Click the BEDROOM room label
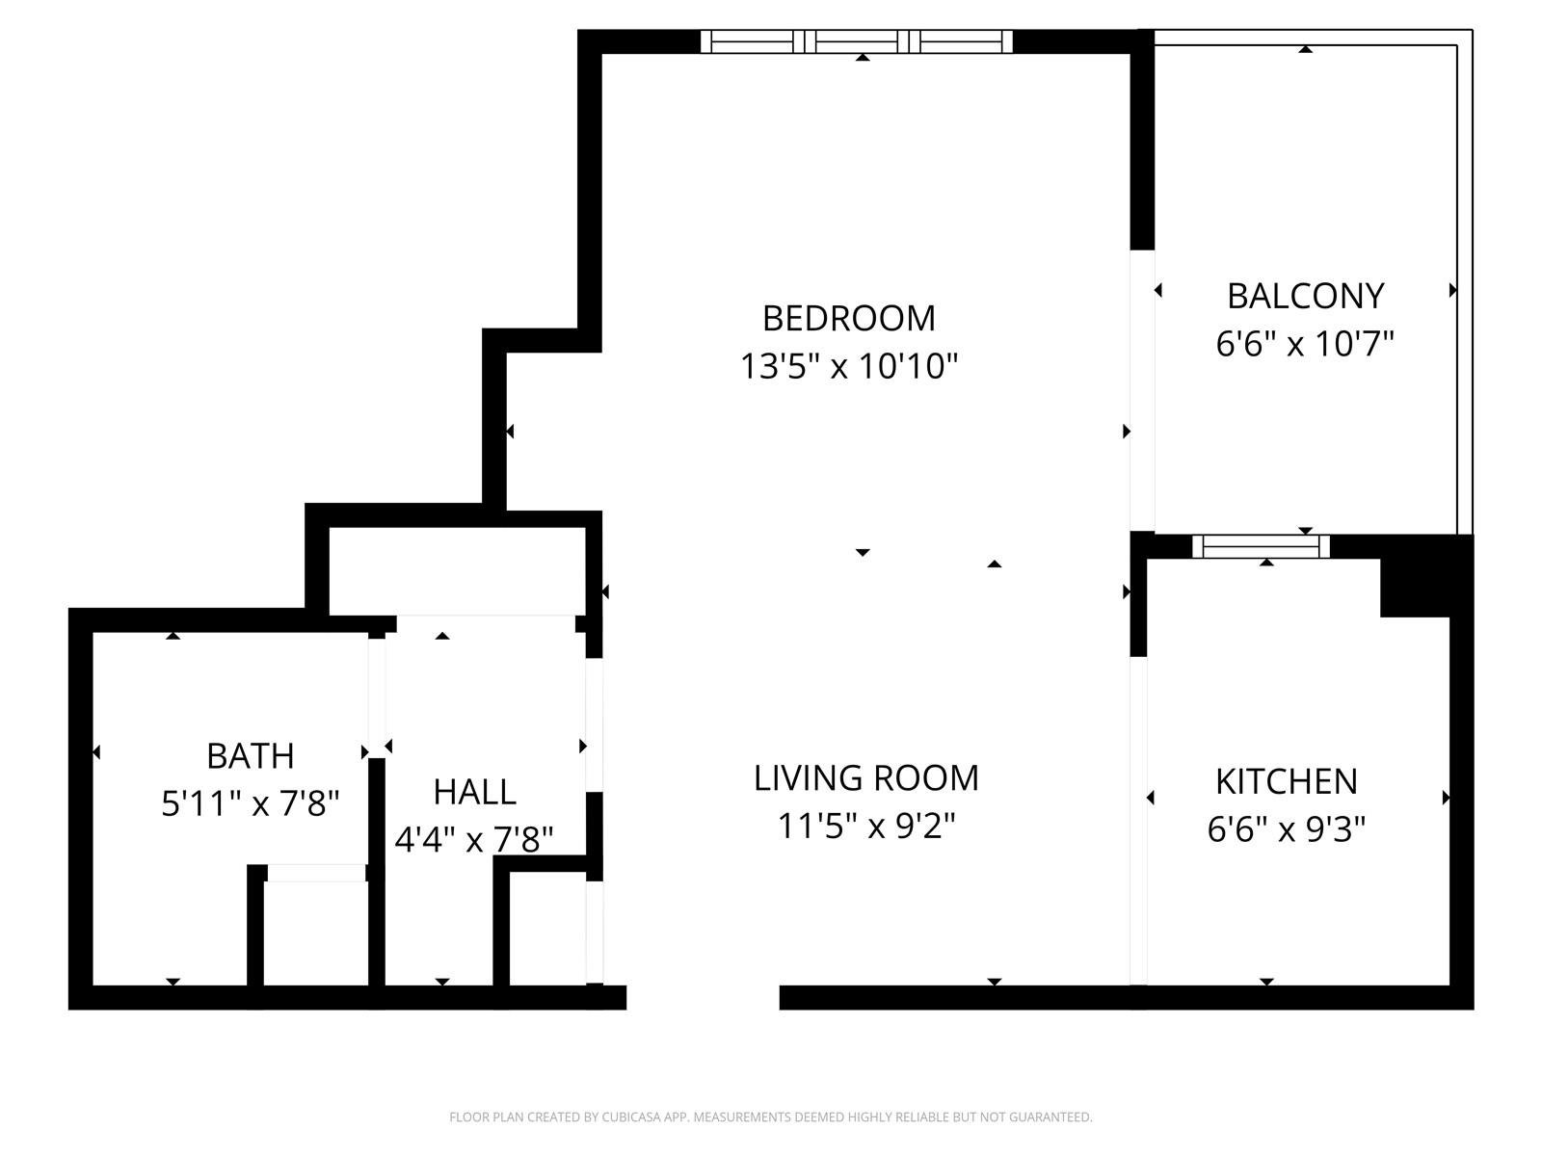click(849, 319)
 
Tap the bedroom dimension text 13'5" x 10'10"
click(849, 366)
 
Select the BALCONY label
click(1305, 296)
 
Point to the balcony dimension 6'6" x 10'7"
click(1305, 344)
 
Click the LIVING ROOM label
click(866, 778)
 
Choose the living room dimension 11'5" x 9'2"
click(866, 826)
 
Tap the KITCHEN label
click(1287, 782)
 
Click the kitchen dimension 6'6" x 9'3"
click(1287, 829)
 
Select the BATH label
click(250, 756)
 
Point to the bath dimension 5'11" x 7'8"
click(250, 803)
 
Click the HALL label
click(474, 793)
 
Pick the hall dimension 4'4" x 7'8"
click(474, 839)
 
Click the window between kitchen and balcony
click(1261, 546)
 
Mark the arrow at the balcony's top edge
click(1305, 49)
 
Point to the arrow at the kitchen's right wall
click(1446, 798)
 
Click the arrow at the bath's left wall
click(96, 752)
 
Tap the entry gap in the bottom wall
click(703, 997)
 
